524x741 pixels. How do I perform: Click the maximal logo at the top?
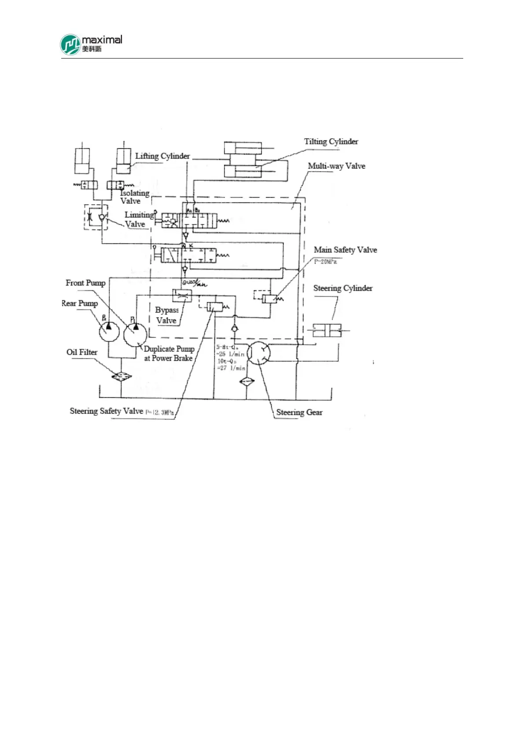[x=91, y=44]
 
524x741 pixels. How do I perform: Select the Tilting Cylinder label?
[x=331, y=142]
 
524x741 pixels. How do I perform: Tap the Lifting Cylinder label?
[x=162, y=156]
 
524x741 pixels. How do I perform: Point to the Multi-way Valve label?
[x=336, y=166]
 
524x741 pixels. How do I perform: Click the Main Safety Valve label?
[x=345, y=250]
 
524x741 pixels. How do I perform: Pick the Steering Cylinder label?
[x=343, y=288]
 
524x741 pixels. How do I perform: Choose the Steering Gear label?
[x=299, y=412]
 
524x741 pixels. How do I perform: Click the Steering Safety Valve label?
[x=107, y=411]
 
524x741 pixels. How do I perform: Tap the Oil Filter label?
[x=82, y=352]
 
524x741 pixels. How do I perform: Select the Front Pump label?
[x=85, y=283]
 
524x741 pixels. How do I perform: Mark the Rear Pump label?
[x=80, y=303]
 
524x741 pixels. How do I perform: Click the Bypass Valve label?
[x=166, y=315]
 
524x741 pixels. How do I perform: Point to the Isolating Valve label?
[x=134, y=197]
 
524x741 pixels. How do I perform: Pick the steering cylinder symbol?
[x=327, y=330]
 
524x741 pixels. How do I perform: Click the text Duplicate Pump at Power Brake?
[x=169, y=353]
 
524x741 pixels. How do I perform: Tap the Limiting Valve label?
[x=138, y=219]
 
